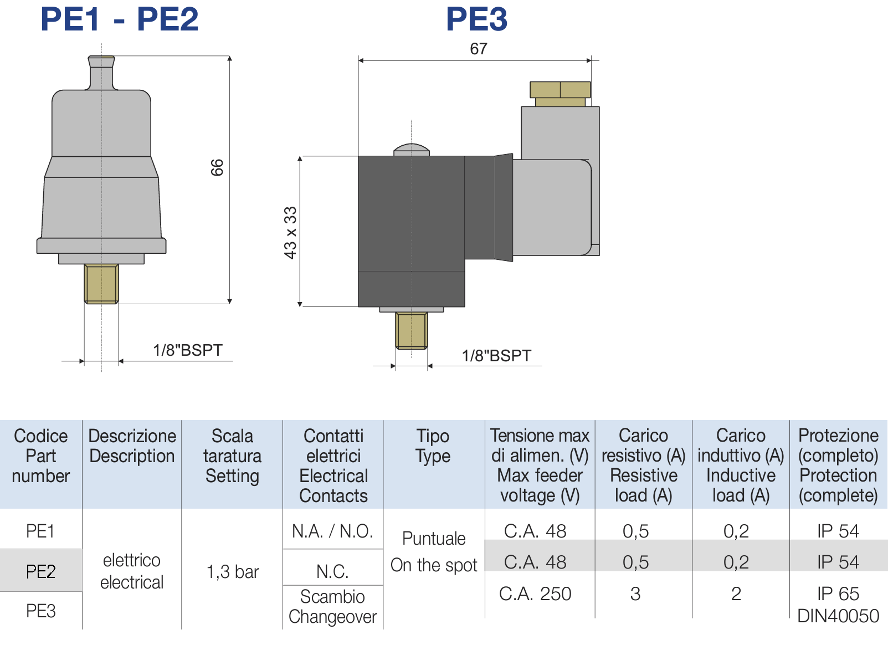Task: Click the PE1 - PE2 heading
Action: [x=119, y=19]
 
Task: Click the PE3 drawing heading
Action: [x=476, y=19]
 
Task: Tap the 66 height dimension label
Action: [x=217, y=167]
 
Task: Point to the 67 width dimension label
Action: [x=479, y=49]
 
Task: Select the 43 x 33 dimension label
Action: [x=290, y=233]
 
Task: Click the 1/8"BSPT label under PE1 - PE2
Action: [x=188, y=350]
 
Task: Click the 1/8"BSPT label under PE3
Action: [x=496, y=356]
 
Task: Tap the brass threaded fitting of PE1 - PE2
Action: [x=101, y=284]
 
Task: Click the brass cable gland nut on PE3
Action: [x=560, y=90]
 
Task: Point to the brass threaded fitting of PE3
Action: [x=412, y=331]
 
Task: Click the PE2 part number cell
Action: [x=41, y=571]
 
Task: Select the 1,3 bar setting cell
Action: [x=233, y=571]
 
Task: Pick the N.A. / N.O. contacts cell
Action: [x=332, y=531]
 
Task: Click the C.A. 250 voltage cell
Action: [x=535, y=593]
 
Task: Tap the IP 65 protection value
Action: [x=838, y=594]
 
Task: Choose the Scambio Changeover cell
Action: [x=332, y=606]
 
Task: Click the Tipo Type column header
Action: [x=433, y=446]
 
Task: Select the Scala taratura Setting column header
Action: [x=233, y=455]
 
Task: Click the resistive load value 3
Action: [x=635, y=593]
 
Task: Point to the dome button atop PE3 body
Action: [x=412, y=150]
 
